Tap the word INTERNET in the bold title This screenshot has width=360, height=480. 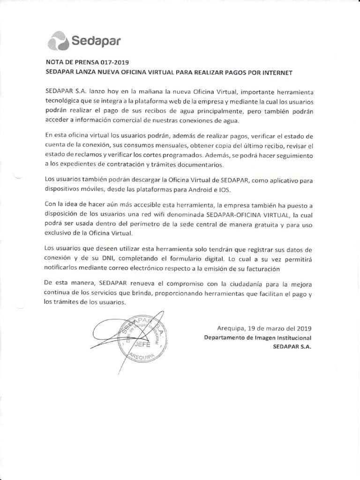275,73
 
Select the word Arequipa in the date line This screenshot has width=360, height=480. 232,329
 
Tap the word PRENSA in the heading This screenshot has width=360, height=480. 81,62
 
